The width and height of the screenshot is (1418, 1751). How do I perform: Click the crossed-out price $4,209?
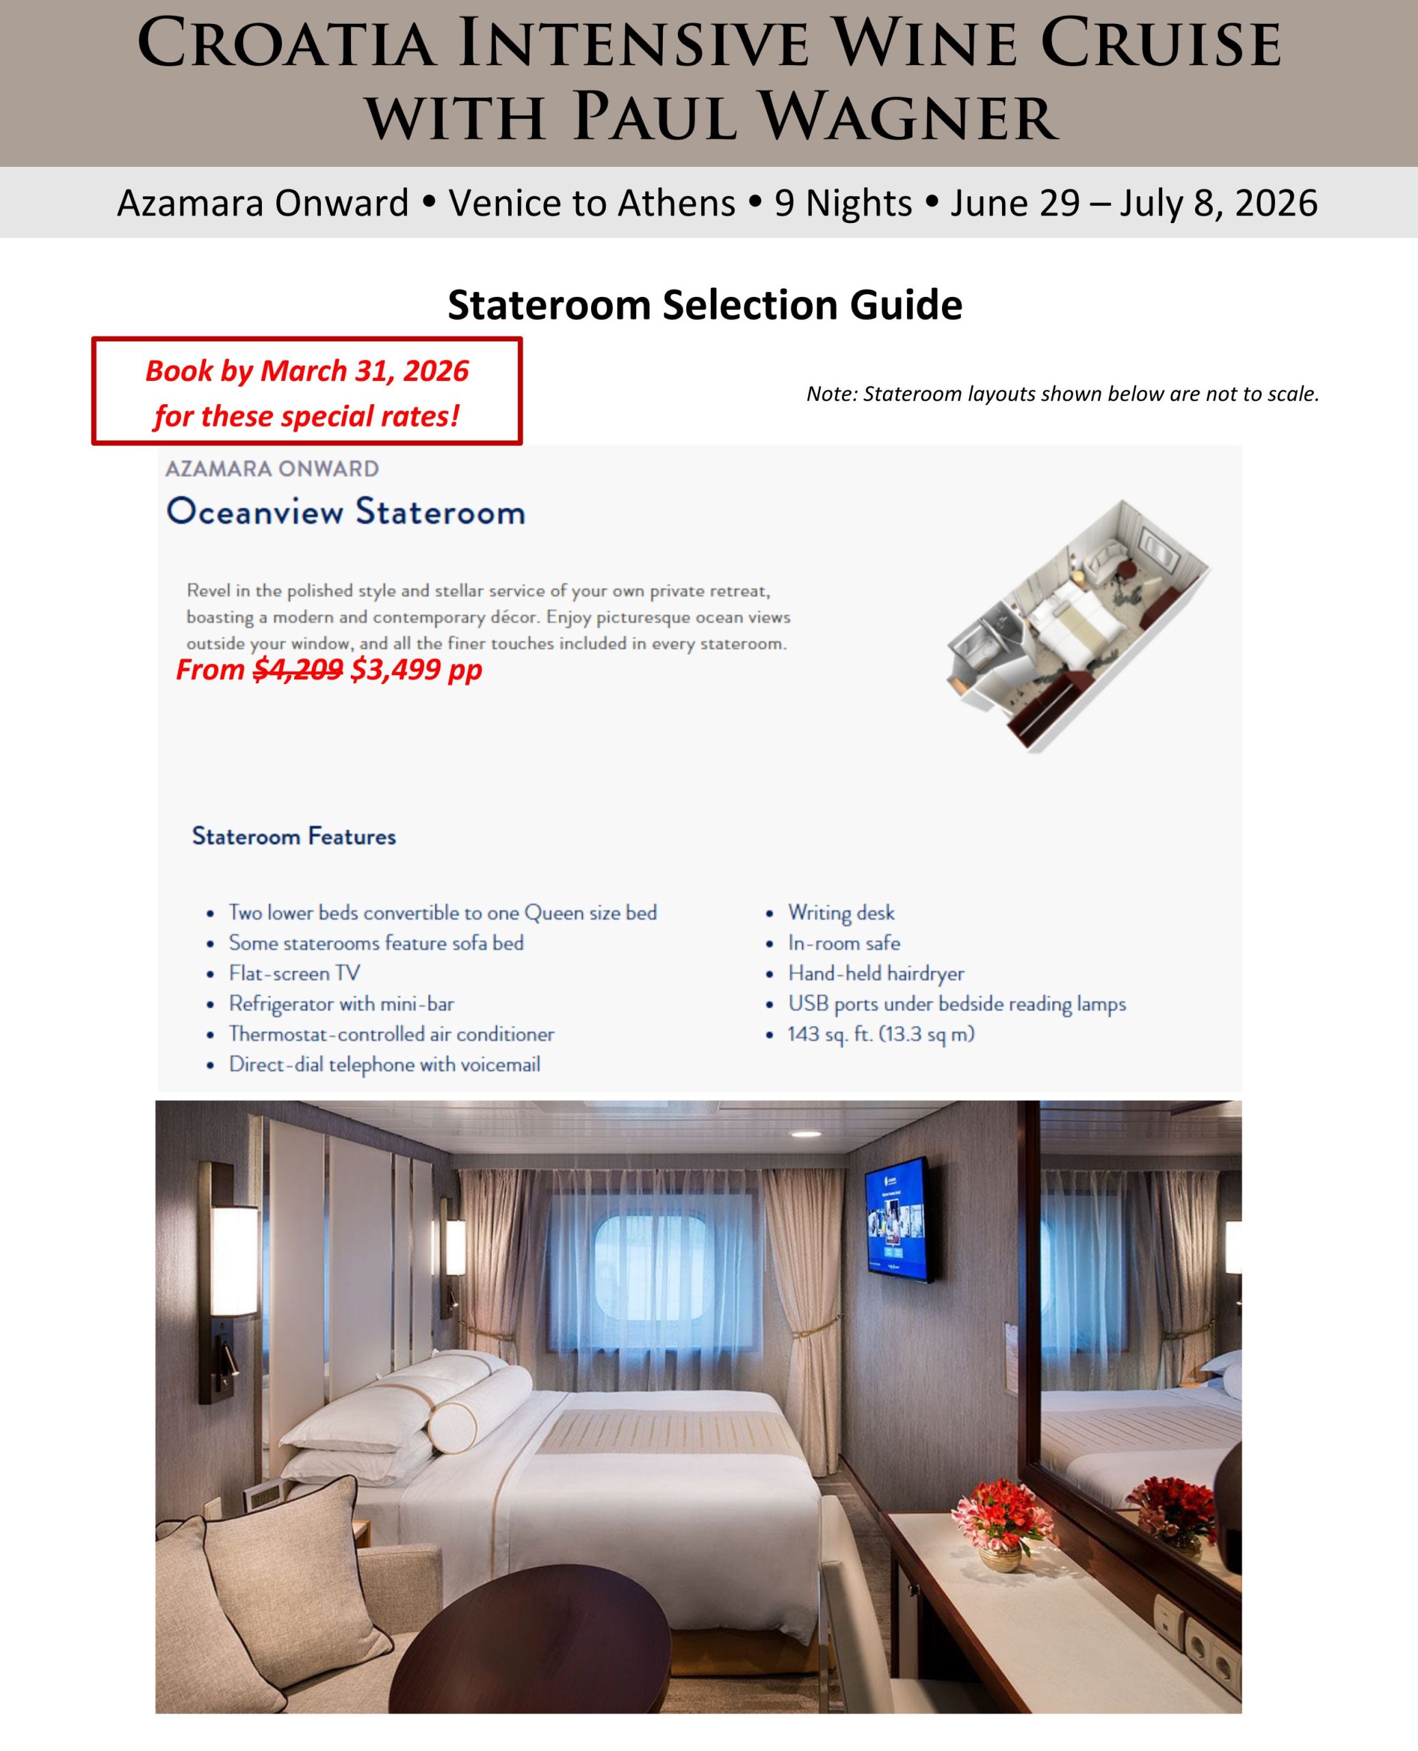pyautogui.click(x=298, y=670)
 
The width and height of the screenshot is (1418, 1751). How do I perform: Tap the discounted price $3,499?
pyautogui.click(x=396, y=670)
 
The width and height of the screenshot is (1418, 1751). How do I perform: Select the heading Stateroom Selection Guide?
pyautogui.click(x=705, y=306)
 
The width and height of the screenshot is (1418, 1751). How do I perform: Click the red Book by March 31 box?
pyautogui.click(x=306, y=392)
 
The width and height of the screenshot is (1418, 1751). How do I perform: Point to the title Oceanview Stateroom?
pyautogui.click(x=345, y=512)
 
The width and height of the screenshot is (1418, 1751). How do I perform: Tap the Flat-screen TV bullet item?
pyautogui.click(x=294, y=973)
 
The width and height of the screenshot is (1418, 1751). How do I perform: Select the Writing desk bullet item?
pyautogui.click(x=841, y=912)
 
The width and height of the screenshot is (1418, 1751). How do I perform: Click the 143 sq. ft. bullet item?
pyautogui.click(x=880, y=1034)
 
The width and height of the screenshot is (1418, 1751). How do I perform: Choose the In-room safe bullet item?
pyautogui.click(x=844, y=943)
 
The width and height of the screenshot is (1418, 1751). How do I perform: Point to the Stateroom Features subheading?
pyautogui.click(x=294, y=837)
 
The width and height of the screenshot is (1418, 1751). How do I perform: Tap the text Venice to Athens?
pyautogui.click(x=592, y=203)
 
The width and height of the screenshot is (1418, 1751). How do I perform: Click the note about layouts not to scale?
pyautogui.click(x=1062, y=395)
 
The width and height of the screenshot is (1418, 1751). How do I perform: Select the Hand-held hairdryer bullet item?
pyautogui.click(x=876, y=973)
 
